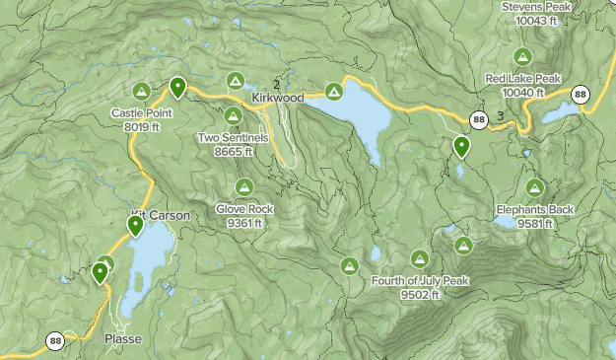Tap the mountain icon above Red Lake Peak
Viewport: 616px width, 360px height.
522,57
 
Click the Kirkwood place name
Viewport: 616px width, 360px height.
278,99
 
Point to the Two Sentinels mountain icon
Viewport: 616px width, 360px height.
233,116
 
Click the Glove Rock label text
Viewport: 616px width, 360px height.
244,209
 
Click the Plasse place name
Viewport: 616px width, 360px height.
123,339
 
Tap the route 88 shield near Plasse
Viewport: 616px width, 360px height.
54,341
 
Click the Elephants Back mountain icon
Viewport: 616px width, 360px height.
535,186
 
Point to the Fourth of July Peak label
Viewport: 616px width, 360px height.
420,281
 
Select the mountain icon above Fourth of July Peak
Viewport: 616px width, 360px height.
419,258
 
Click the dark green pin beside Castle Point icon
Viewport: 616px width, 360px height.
177,88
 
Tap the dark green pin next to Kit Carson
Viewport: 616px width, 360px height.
135,227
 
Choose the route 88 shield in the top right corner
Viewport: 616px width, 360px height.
580,95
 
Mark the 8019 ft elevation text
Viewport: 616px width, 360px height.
142,126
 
